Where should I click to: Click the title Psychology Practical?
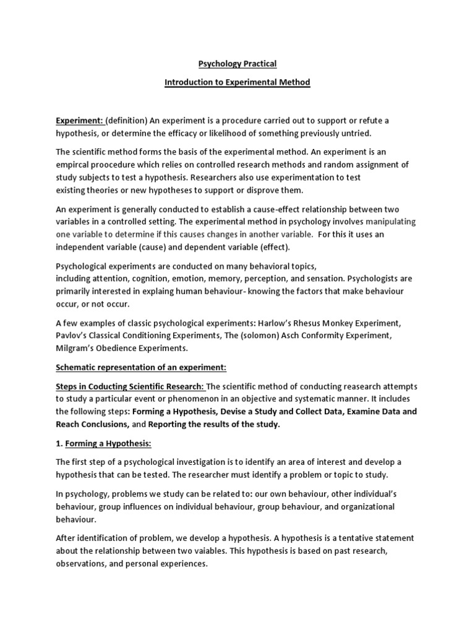237,63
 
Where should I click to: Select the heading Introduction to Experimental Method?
237,82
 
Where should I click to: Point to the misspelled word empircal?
76,164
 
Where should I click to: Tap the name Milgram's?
77,349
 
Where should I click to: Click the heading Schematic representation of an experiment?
142,368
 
